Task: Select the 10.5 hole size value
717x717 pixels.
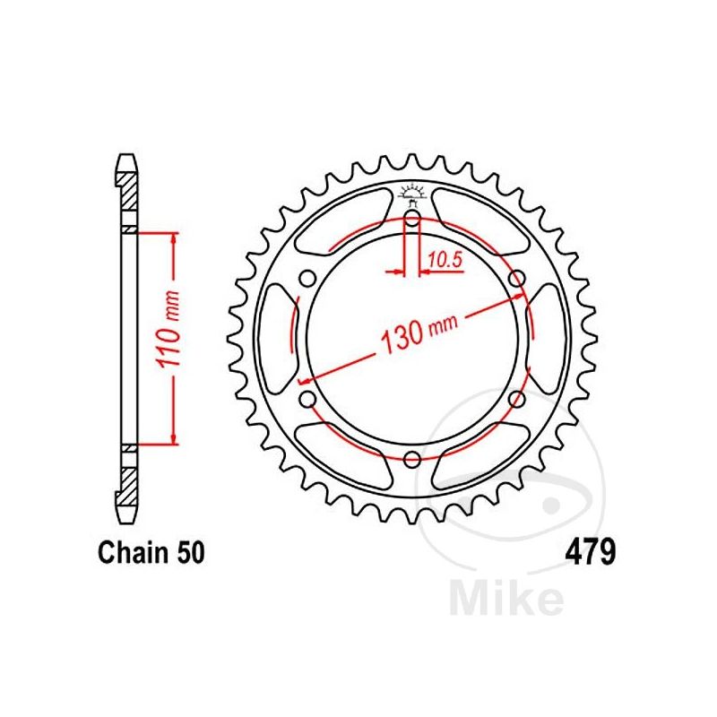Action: click(445, 260)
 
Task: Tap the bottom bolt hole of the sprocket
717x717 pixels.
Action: click(412, 461)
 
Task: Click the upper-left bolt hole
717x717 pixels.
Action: click(307, 280)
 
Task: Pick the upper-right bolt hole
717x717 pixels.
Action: click(516, 280)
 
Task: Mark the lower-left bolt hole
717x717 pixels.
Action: click(307, 399)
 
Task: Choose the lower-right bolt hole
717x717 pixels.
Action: click(516, 399)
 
